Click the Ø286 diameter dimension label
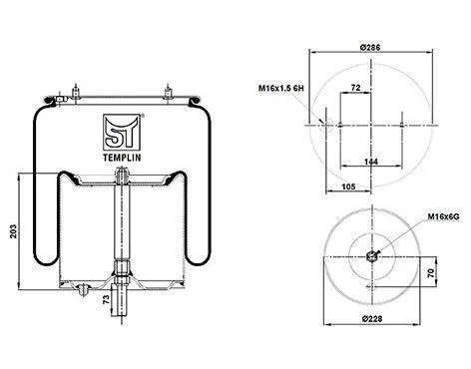(370, 47)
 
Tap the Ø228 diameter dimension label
(372, 319)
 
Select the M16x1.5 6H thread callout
(281, 88)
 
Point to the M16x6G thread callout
(443, 216)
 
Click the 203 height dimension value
(13, 231)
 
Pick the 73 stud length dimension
(106, 299)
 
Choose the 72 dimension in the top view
(355, 88)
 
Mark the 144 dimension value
(371, 162)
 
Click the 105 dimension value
(348, 186)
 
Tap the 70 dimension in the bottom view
(431, 273)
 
